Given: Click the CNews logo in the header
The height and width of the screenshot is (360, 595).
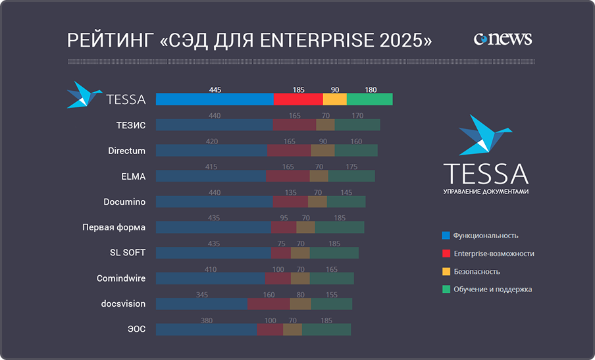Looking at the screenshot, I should pyautogui.click(x=502, y=39).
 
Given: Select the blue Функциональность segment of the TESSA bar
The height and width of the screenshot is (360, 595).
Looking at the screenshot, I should pyautogui.click(x=215, y=99).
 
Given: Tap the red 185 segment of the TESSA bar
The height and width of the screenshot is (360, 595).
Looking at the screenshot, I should pyautogui.click(x=298, y=99).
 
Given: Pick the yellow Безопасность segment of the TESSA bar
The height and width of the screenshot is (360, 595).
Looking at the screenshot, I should pyautogui.click(x=335, y=99).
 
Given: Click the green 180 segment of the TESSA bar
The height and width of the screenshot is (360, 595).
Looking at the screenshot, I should pyautogui.click(x=370, y=99).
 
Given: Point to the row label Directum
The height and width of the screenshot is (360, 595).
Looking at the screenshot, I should pyautogui.click(x=127, y=151).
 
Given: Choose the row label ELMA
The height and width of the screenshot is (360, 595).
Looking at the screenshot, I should pyautogui.click(x=133, y=176).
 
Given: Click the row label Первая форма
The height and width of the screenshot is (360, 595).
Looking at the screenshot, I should pyautogui.click(x=114, y=228).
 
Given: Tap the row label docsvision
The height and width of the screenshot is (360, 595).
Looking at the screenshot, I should pyautogui.click(x=123, y=304).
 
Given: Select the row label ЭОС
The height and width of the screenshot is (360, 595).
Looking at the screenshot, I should pyautogui.click(x=136, y=329).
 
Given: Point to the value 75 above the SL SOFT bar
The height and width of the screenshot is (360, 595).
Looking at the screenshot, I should pyautogui.click(x=281, y=244).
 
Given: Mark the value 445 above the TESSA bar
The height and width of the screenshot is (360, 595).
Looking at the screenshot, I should pyautogui.click(x=215, y=90).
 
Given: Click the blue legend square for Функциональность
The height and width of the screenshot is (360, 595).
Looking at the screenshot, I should pyautogui.click(x=446, y=235).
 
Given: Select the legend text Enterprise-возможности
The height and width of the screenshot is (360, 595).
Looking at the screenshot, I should pyautogui.click(x=494, y=253).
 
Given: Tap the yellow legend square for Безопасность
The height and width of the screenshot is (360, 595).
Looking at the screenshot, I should pyautogui.click(x=446, y=271).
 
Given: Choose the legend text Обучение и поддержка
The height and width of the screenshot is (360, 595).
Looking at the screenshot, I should pyautogui.click(x=492, y=289).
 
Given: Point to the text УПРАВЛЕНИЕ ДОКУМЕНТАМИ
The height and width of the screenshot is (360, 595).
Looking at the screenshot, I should pyautogui.click(x=486, y=192).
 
